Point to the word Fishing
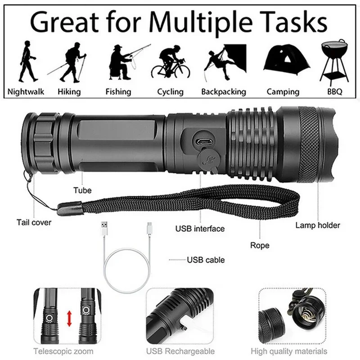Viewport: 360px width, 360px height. (118, 92)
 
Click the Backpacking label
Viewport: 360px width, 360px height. (224, 92)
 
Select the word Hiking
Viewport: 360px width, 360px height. (69, 92)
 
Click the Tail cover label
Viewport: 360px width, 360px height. (34, 222)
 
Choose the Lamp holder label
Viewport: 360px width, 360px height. (318, 225)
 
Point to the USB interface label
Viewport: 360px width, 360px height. (200, 229)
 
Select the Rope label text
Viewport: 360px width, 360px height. (260, 245)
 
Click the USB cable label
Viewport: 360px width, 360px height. (206, 260)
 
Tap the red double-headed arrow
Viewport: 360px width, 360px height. (69, 319)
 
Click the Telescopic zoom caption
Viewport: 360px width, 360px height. (63, 351)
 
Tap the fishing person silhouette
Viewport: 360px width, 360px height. (121, 63)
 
